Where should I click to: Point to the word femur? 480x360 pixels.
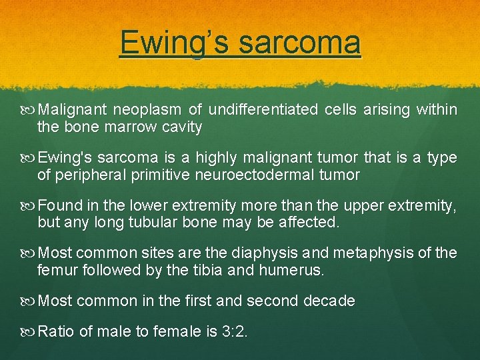pyautogui.click(x=58, y=270)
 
